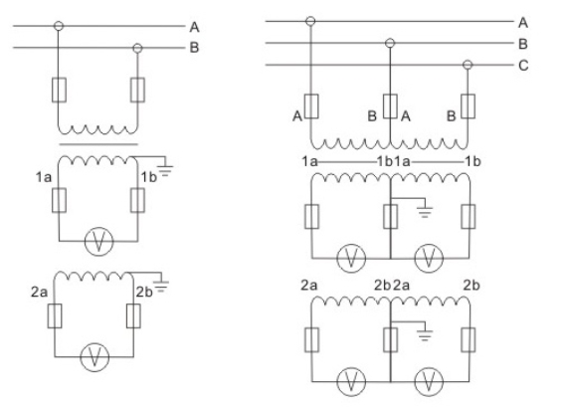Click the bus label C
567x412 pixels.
click(523, 66)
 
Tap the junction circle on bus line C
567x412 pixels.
click(468, 66)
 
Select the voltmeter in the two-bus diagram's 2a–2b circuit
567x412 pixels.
click(97, 357)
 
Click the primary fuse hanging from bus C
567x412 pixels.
click(468, 105)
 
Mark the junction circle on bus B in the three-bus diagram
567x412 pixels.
click(391, 43)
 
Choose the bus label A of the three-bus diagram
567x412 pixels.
click(523, 21)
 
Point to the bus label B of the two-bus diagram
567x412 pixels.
click(195, 46)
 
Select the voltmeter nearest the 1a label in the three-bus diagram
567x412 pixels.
click(350, 257)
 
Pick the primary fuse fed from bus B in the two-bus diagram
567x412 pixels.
click(137, 92)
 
